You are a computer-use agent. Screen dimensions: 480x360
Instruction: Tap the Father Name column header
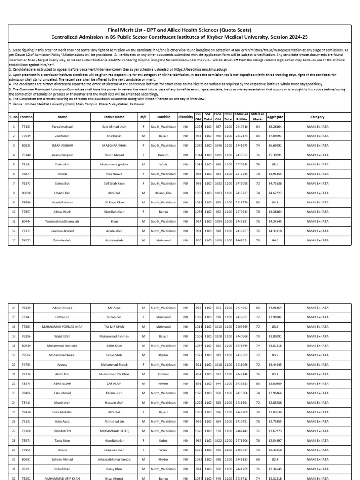pyautogui.click(x=114, y=117)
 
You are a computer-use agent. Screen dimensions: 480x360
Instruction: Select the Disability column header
pyautogui.click(x=186, y=117)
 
